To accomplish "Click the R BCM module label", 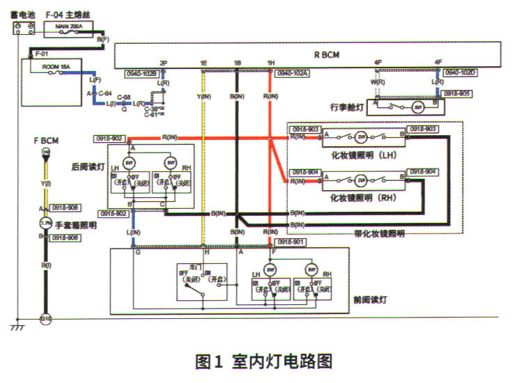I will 326,54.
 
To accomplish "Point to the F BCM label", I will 46,140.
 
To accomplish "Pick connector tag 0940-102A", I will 293,72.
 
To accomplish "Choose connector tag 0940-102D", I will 461,72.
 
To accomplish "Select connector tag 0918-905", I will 457,93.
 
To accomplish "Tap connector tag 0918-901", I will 292,242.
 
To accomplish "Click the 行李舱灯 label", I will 347,107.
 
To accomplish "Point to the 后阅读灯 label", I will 88,167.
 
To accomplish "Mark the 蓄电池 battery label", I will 23,13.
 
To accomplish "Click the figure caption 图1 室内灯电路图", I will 264,361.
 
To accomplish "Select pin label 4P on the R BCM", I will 378,63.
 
